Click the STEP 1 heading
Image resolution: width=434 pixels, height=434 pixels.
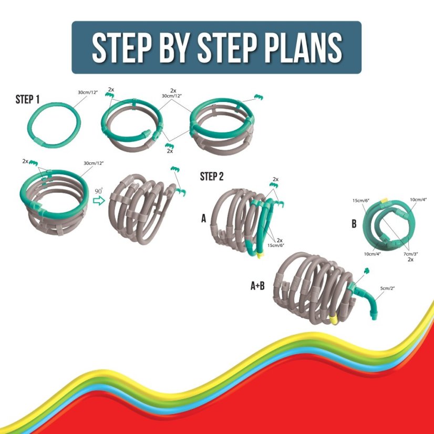28,99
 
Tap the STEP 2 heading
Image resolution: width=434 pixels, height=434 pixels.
212,177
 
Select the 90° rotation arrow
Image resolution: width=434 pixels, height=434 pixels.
99,200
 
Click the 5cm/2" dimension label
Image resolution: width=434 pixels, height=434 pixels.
387,288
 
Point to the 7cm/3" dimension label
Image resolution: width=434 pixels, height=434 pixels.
410,254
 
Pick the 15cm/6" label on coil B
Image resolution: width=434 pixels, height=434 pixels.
361,200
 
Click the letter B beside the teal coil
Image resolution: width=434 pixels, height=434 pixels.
354,224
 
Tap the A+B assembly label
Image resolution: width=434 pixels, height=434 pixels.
257,286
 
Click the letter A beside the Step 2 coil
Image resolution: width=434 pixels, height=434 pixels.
204,219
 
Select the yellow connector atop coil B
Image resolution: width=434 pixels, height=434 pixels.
385,200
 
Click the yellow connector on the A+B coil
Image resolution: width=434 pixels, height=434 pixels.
334,319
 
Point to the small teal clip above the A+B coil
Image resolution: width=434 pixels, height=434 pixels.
367,271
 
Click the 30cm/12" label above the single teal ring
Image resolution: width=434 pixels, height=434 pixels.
88,92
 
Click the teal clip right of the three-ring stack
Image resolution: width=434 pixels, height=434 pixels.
259,97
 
